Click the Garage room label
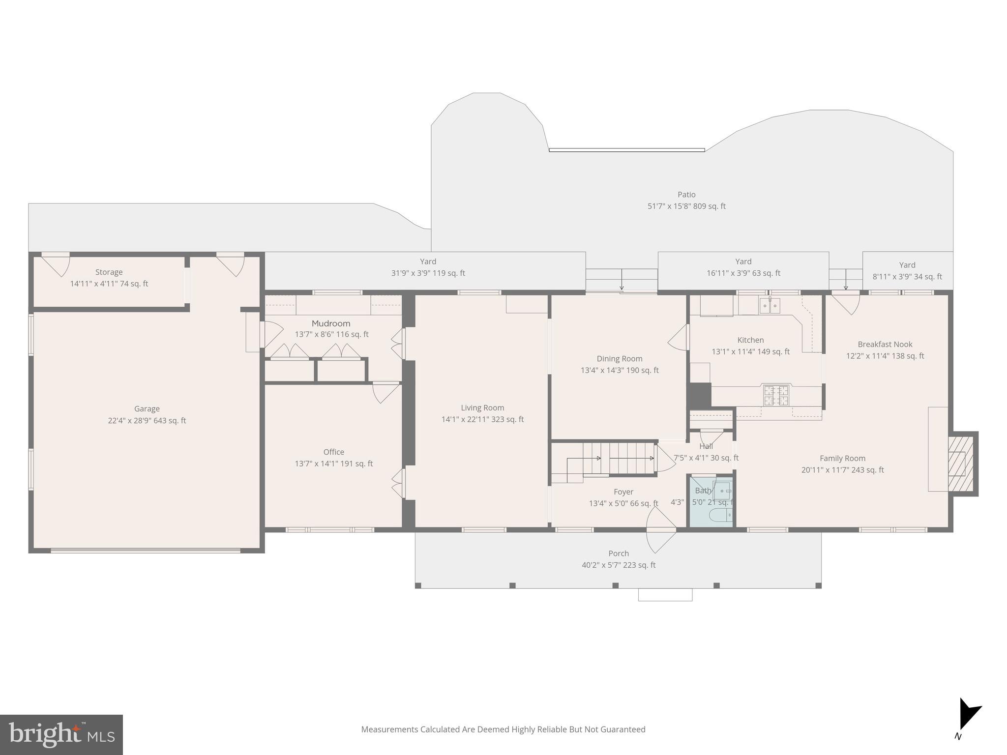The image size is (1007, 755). click(147, 408)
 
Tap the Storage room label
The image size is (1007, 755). click(109, 272)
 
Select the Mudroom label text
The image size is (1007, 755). click(331, 323)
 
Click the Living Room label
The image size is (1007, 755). click(482, 407)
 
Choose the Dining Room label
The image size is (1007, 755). click(619, 359)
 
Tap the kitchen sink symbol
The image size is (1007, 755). click(770, 306)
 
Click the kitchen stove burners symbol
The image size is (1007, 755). click(775, 395)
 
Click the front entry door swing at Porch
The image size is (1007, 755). click(661, 530)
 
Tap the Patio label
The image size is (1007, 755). click(686, 195)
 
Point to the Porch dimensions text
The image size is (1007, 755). click(618, 565)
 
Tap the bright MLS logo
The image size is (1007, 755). click(61, 734)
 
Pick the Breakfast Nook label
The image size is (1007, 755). click(885, 345)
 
